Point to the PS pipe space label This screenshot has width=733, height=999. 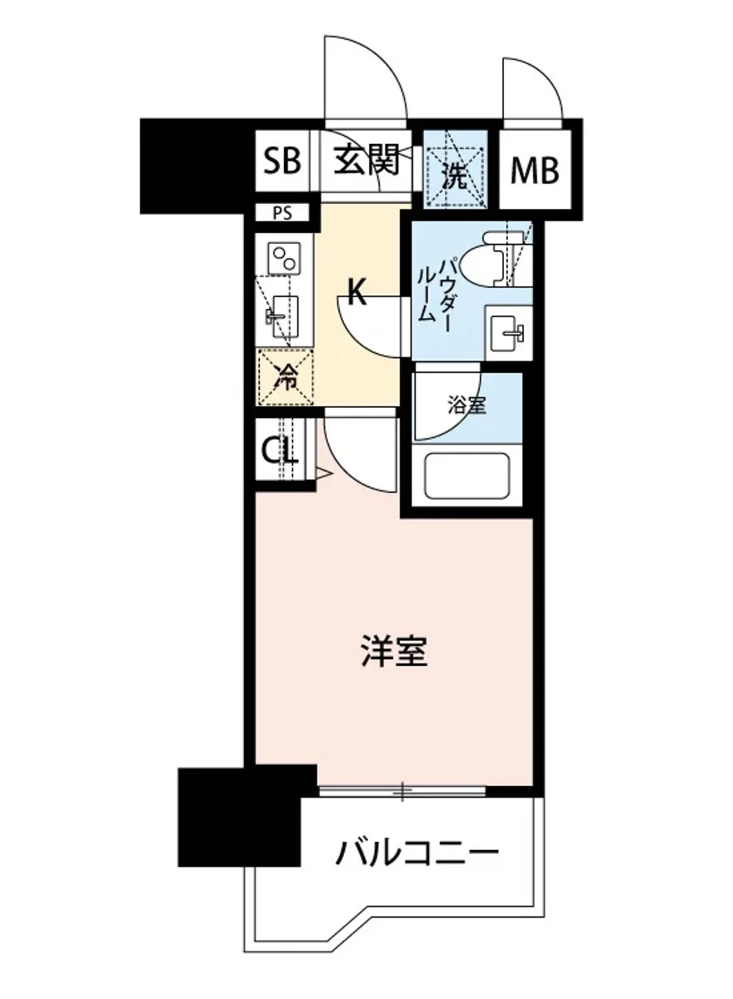click(282, 213)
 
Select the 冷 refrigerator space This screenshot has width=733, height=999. click(286, 379)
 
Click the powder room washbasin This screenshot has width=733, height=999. click(506, 335)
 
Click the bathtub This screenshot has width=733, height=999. click(466, 478)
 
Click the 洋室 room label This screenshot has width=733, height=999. click(394, 652)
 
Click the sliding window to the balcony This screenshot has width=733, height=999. click(402, 790)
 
